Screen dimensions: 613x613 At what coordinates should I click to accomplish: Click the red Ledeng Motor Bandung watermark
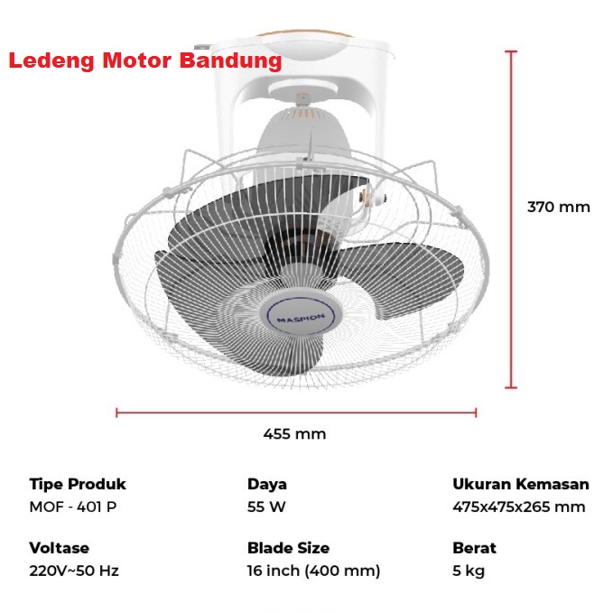pos(145,61)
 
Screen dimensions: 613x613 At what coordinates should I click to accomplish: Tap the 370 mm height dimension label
pos(558,207)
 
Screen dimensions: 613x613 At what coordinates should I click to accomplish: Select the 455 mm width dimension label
pos(294,434)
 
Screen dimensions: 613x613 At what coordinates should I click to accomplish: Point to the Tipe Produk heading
pos(78,485)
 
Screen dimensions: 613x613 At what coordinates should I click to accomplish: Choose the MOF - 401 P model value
pos(73,506)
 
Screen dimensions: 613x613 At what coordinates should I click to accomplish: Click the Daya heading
pos(267,485)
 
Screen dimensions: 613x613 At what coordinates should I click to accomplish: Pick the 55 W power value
pos(266,506)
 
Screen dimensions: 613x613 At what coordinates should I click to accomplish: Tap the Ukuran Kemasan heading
pos(520,485)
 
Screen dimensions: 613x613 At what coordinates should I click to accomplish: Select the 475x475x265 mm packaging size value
pos(518,506)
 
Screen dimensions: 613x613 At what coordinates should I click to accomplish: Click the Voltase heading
pos(60,548)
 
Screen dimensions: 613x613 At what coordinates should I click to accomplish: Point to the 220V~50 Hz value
pos(74,571)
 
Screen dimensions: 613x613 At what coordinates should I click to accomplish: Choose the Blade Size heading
pos(288,548)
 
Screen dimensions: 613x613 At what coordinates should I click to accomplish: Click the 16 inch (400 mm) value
pos(313,571)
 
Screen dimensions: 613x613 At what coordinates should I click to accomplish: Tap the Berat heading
pos(474,548)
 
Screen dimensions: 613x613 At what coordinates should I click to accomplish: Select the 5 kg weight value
pos(469,571)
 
